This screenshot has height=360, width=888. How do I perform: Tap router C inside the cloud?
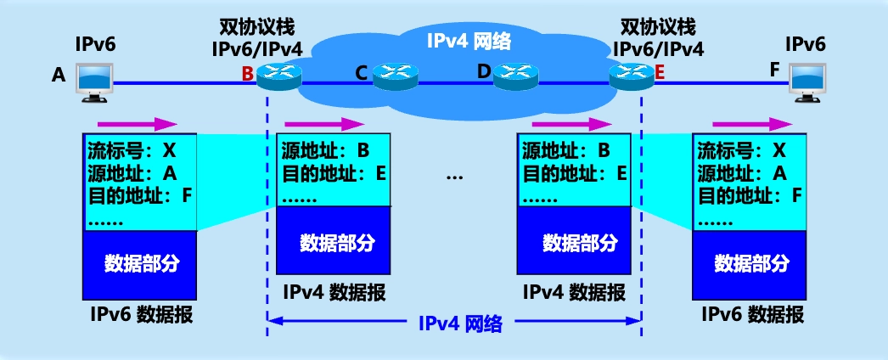pos(396,76)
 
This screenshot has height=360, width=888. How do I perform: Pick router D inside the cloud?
pos(517,76)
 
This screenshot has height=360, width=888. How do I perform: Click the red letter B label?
pos(247,73)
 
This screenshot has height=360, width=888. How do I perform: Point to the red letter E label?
pos(659,73)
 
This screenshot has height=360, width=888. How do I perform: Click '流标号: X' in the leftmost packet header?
pos(132,152)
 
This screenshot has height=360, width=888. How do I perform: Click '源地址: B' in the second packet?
pos(326,152)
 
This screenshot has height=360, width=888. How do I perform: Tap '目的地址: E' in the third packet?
pos(573,174)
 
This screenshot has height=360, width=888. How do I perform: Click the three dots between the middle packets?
pos(454,177)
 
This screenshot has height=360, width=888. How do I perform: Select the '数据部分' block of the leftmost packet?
pos(141,262)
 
